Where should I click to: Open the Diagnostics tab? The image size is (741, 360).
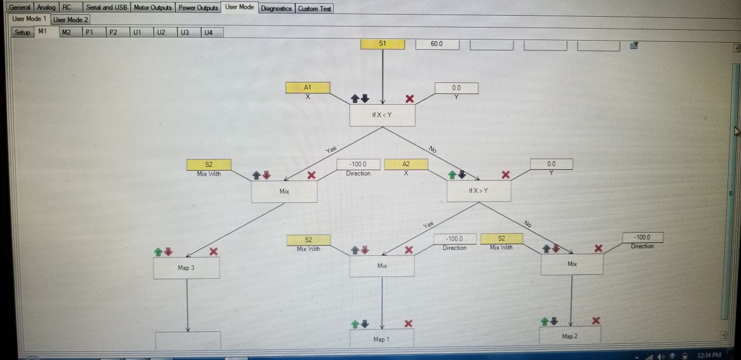(x=276, y=8)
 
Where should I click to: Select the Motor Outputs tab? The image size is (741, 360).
(x=152, y=8)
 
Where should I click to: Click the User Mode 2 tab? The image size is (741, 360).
(x=71, y=20)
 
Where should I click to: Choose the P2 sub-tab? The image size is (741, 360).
(x=113, y=33)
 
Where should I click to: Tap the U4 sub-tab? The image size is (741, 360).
(x=208, y=33)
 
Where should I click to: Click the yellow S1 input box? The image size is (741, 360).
(x=382, y=43)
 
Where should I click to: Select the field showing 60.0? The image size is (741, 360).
(x=437, y=44)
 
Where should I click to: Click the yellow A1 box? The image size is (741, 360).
(x=308, y=87)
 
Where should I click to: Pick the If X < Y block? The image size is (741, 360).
(x=382, y=115)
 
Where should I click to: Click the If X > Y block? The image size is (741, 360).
(x=478, y=191)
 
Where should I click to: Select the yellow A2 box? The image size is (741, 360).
(x=406, y=164)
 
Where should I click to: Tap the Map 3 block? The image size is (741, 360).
(x=186, y=268)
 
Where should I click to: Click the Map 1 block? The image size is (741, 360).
(x=381, y=338)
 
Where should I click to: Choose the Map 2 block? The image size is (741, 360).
(x=570, y=336)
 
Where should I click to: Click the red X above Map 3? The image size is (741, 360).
(x=214, y=252)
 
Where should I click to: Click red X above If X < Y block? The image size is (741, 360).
(x=410, y=99)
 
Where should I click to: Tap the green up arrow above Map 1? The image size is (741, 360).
(x=355, y=324)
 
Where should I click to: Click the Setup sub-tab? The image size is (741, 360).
(x=22, y=33)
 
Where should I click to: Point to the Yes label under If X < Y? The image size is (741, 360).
(x=331, y=150)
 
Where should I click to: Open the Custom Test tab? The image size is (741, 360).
(x=314, y=9)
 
